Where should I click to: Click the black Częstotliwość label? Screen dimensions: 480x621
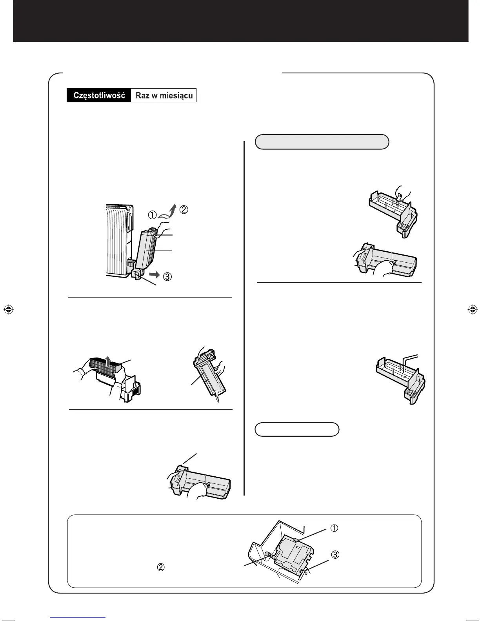[x=99, y=96]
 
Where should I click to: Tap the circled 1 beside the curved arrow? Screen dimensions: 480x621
[x=152, y=215]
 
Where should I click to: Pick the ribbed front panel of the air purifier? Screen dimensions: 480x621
[x=118, y=243]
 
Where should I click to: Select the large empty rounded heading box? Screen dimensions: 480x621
[x=322, y=142]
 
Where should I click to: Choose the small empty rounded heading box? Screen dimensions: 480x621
[x=297, y=429]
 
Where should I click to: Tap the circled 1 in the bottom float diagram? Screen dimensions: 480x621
[x=334, y=528]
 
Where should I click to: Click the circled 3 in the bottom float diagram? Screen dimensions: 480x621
[x=335, y=555]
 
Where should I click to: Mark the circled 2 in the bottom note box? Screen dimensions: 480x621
[x=160, y=567]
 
